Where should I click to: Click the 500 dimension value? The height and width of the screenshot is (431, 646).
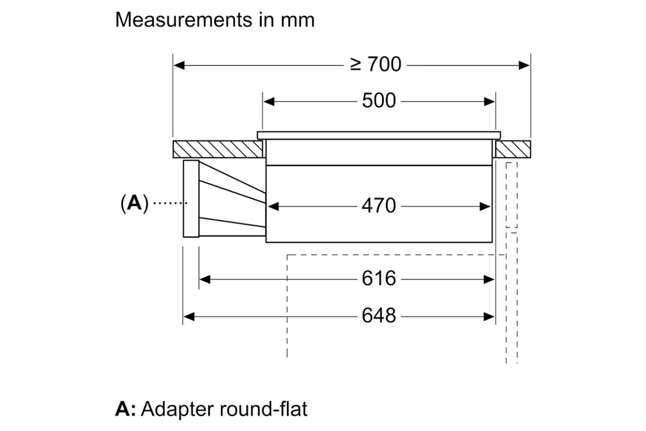378,101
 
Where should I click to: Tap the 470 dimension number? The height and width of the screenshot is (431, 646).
378,206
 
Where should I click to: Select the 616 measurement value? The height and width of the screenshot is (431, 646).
378,279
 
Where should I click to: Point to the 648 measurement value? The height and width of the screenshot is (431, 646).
378,316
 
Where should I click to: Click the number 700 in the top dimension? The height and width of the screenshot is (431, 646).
384,64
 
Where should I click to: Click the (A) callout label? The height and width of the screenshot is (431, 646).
135,203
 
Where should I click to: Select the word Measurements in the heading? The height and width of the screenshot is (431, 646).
184,20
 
